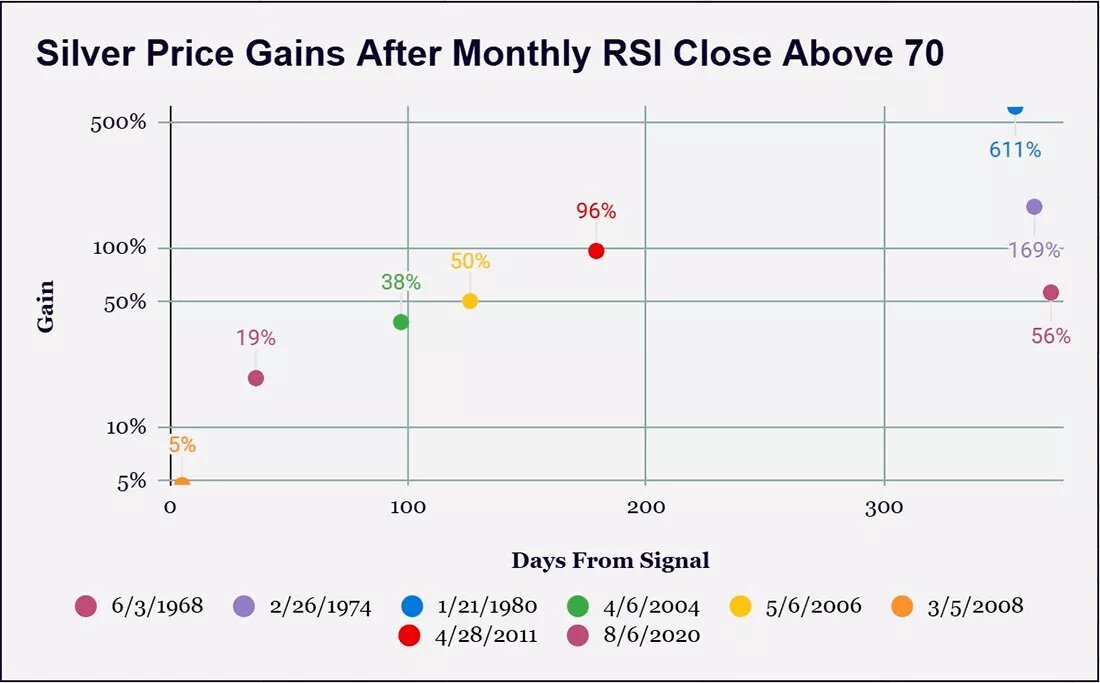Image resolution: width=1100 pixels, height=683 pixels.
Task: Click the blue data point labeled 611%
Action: (1015, 108)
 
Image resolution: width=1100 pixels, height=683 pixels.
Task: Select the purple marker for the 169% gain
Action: (1034, 207)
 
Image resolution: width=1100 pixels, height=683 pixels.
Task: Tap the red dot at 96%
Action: (596, 251)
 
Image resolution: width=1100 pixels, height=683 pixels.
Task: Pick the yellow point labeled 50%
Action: (470, 301)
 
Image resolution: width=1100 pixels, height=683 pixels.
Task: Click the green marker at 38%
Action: (401, 322)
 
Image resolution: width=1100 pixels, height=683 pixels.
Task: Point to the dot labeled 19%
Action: (255, 378)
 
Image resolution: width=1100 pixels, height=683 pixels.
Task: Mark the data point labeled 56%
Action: (1050, 293)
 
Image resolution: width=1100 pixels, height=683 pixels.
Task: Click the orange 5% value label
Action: (182, 445)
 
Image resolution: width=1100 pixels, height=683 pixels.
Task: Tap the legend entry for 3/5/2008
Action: (958, 606)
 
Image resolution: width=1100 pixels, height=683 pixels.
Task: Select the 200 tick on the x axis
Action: (645, 507)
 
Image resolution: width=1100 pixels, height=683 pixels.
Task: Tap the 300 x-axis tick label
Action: (884, 507)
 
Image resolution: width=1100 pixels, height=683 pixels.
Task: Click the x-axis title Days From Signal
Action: (610, 560)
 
